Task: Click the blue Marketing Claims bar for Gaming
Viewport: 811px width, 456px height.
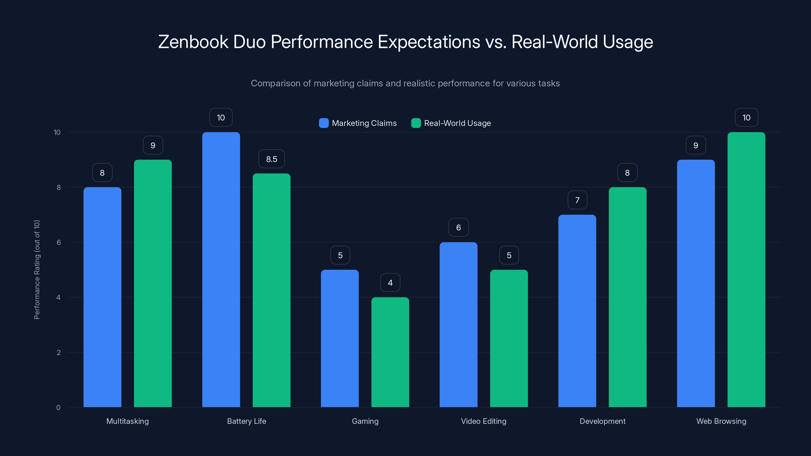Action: click(340, 338)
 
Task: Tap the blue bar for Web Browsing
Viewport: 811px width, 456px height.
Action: click(696, 283)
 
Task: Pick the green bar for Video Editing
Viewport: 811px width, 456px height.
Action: click(509, 338)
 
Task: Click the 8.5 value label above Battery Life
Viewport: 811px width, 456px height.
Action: click(271, 159)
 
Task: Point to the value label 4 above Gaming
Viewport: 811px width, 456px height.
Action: click(390, 283)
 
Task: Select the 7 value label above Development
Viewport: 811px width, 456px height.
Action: click(577, 200)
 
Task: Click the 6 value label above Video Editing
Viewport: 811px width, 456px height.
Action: click(458, 227)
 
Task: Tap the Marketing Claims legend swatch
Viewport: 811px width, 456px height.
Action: click(324, 123)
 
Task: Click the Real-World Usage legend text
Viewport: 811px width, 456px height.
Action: click(457, 123)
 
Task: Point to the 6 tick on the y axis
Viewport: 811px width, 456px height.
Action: click(59, 242)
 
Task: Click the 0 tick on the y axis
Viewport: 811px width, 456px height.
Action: click(58, 408)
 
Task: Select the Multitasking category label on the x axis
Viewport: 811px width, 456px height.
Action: click(127, 421)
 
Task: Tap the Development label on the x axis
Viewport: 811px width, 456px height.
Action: click(602, 421)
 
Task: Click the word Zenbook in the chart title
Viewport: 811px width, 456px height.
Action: click(193, 42)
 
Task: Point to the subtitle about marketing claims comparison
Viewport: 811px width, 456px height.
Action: click(405, 83)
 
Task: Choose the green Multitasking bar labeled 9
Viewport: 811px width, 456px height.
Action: click(153, 283)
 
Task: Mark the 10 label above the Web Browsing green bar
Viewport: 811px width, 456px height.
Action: click(746, 117)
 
